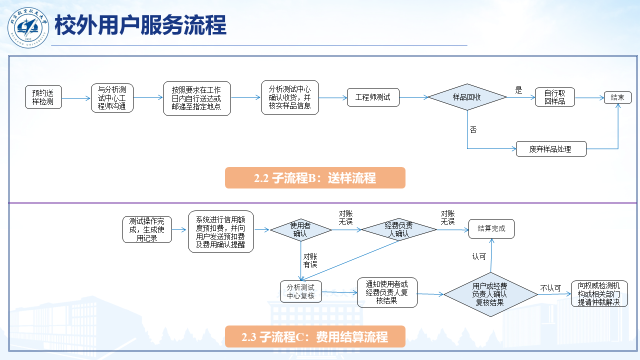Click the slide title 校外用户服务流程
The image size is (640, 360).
[x=140, y=25]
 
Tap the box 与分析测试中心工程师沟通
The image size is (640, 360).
[x=112, y=98]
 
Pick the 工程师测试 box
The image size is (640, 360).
[x=373, y=97]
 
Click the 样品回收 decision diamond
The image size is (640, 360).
[x=467, y=97]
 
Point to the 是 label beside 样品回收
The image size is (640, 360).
[x=518, y=90]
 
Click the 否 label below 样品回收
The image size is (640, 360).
[x=473, y=130]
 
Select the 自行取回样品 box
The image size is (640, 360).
[x=554, y=97]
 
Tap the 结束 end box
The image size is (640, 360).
[x=617, y=97]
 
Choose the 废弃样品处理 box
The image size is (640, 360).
[x=550, y=149]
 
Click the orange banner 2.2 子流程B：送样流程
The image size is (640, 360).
[x=315, y=178]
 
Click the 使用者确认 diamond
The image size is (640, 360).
[x=300, y=229]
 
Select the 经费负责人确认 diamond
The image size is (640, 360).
[x=399, y=229]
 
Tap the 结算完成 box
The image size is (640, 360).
[x=491, y=229]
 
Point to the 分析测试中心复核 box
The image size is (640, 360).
[x=300, y=291]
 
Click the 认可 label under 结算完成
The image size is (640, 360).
[x=479, y=257]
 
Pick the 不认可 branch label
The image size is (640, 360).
[x=550, y=288]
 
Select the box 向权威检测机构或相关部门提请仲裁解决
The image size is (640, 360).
[x=599, y=293]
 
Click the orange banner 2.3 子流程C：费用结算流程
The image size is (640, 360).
[x=315, y=337]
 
